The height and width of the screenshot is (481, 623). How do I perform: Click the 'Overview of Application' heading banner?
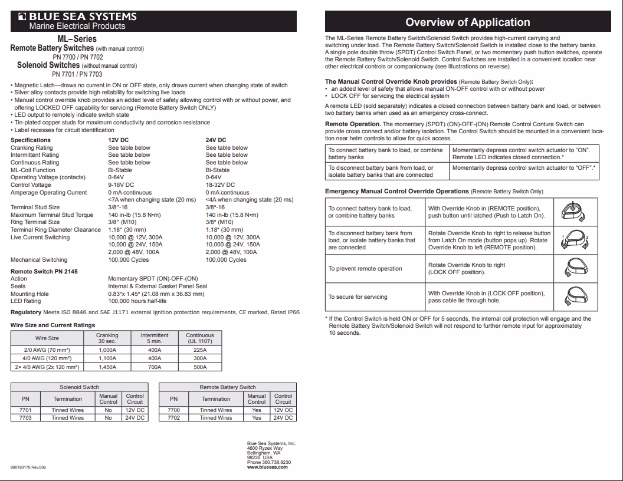pyautogui.click(x=467, y=22)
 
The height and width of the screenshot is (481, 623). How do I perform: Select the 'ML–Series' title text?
pyautogui.click(x=77, y=38)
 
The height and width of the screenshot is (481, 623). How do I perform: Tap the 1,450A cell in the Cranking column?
pyautogui.click(x=107, y=367)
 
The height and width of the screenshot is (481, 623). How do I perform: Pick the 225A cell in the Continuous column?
pyautogui.click(x=200, y=350)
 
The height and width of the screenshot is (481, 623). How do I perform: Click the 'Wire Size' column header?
pyautogui.click(x=47, y=338)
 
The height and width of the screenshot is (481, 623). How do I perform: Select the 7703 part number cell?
pyautogui.click(x=25, y=418)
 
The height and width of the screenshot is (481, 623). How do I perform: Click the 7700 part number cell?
pyautogui.click(x=173, y=410)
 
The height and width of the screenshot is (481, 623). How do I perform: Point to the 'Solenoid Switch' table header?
pyautogui.click(x=79, y=387)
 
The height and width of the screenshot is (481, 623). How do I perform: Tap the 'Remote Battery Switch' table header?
pyautogui.click(x=227, y=387)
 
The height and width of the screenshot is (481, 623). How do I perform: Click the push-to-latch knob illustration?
pyautogui.click(x=572, y=212)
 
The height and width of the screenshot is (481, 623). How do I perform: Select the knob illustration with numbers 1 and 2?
pyautogui.click(x=572, y=240)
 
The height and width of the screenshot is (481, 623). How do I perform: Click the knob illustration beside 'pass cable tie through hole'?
pyautogui.click(x=572, y=296)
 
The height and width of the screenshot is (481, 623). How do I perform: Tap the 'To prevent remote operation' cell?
pyautogui.click(x=365, y=269)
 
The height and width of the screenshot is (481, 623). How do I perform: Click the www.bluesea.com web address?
pyautogui.click(x=267, y=467)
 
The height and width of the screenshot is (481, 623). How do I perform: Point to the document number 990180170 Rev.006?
pyautogui.click(x=28, y=467)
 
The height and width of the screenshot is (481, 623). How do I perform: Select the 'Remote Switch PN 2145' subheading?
pyautogui.click(x=44, y=272)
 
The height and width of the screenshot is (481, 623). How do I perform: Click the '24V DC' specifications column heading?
pyautogui.click(x=216, y=140)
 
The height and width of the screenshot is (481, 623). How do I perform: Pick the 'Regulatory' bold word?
pyautogui.click(x=26, y=312)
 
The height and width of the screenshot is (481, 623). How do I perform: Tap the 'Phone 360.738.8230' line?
pyautogui.click(x=269, y=462)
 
